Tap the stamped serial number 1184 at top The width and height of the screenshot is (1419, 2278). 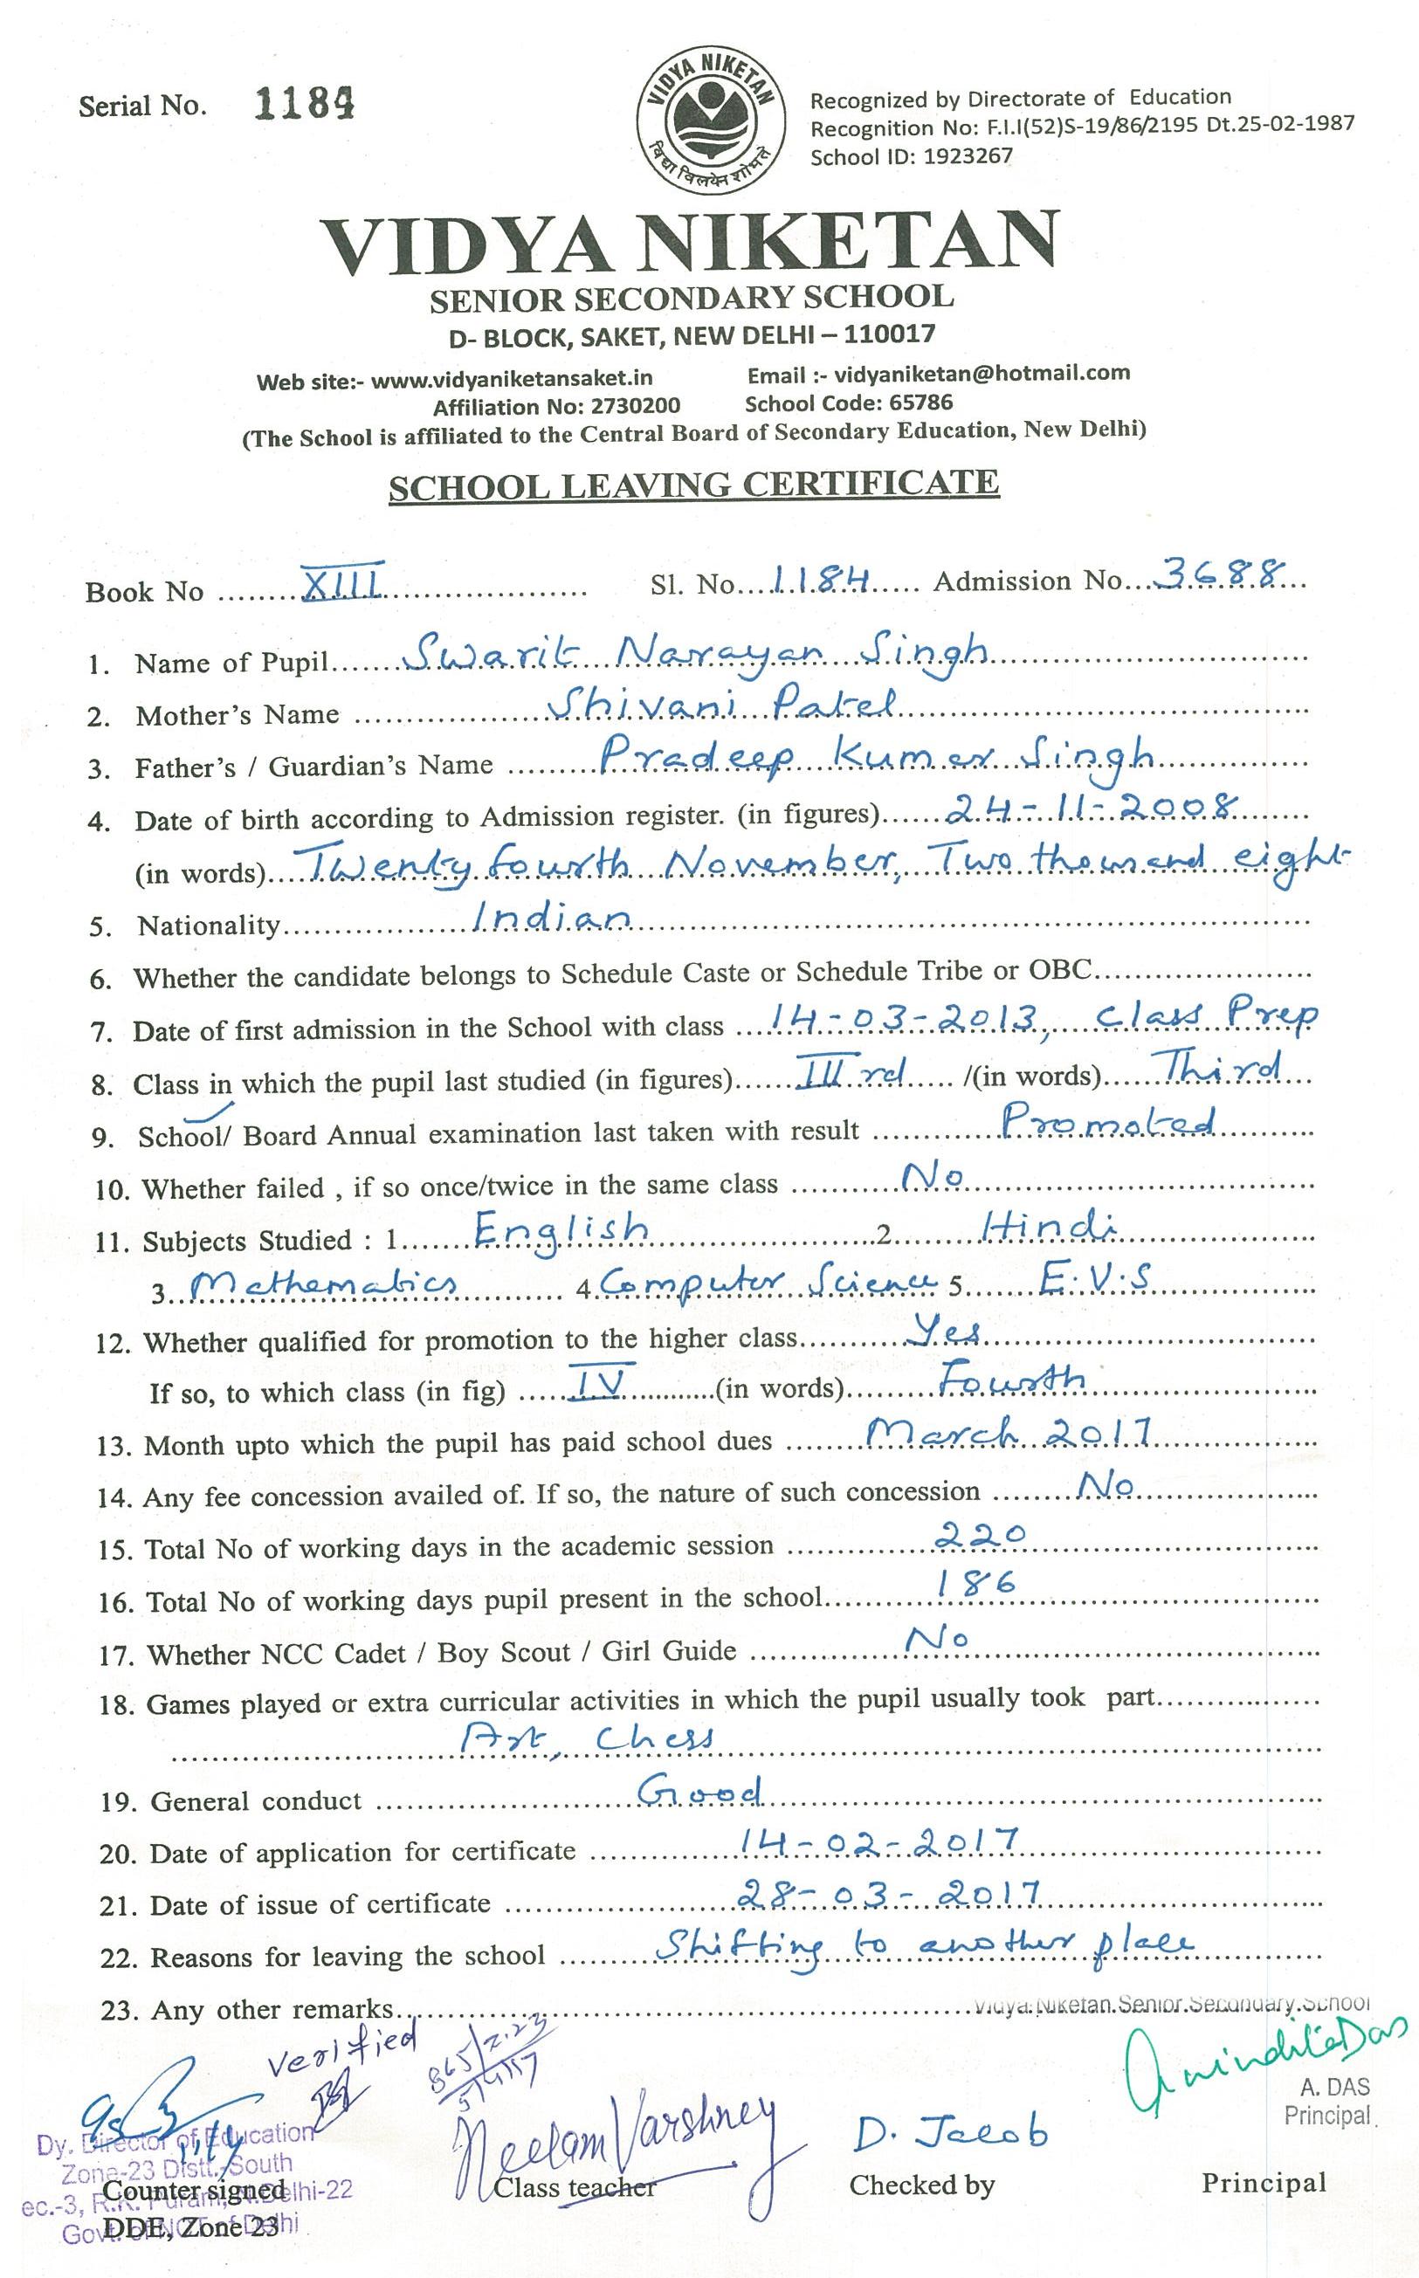304,104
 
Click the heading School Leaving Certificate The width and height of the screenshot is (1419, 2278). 693,485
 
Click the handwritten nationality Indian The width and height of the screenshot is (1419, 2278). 550,917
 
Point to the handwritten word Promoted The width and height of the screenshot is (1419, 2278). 1108,1122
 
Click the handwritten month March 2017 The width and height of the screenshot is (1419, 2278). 1008,1432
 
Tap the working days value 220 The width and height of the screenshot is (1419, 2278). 982,1535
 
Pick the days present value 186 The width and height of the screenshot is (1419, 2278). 977,1586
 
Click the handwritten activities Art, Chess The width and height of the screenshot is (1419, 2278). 586,1738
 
